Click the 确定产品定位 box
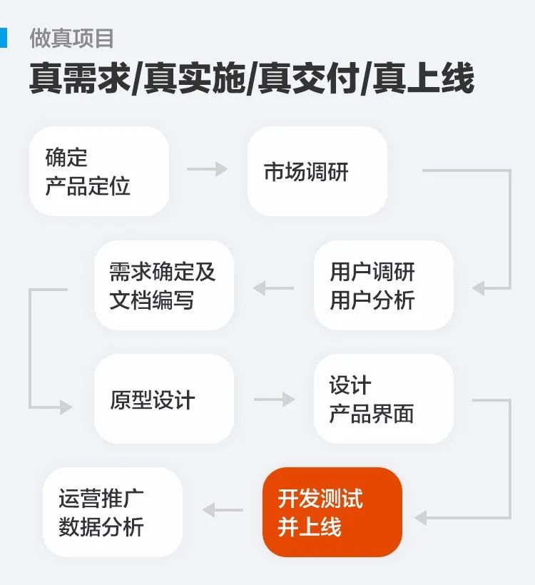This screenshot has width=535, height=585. (99, 171)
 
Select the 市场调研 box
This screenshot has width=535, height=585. (317, 171)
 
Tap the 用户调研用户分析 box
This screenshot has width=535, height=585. (383, 285)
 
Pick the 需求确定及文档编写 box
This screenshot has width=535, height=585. (164, 285)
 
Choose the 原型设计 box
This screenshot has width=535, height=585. (164, 399)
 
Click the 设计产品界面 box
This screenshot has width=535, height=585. (383, 399)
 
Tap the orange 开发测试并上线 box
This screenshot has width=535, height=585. (332, 512)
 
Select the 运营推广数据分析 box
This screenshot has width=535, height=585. (113, 512)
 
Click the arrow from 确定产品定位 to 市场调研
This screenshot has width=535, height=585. (207, 170)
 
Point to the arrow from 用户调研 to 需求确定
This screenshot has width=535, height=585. (274, 288)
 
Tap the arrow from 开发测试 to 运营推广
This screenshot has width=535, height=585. (223, 510)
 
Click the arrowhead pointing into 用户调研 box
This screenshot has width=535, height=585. (479, 288)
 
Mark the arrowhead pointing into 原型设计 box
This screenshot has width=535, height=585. (66, 407)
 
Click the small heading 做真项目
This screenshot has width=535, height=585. (71, 38)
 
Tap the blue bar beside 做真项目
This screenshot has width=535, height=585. (4, 38)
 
